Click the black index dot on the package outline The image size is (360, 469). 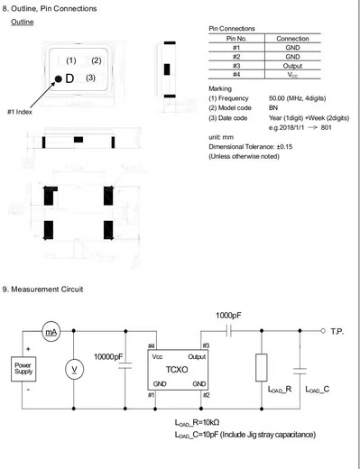pyautogui.click(x=58, y=79)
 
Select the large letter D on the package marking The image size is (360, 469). pyautogui.click(x=69, y=78)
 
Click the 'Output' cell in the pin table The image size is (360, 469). pyautogui.click(x=292, y=65)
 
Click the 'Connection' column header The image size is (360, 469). pyautogui.click(x=292, y=39)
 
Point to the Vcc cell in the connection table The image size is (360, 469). pyautogui.click(x=292, y=75)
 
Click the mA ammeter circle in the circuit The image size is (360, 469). pyautogui.click(x=51, y=333)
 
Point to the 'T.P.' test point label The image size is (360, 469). pyautogui.click(x=337, y=332)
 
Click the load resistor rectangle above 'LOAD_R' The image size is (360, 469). pyautogui.click(x=262, y=367)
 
